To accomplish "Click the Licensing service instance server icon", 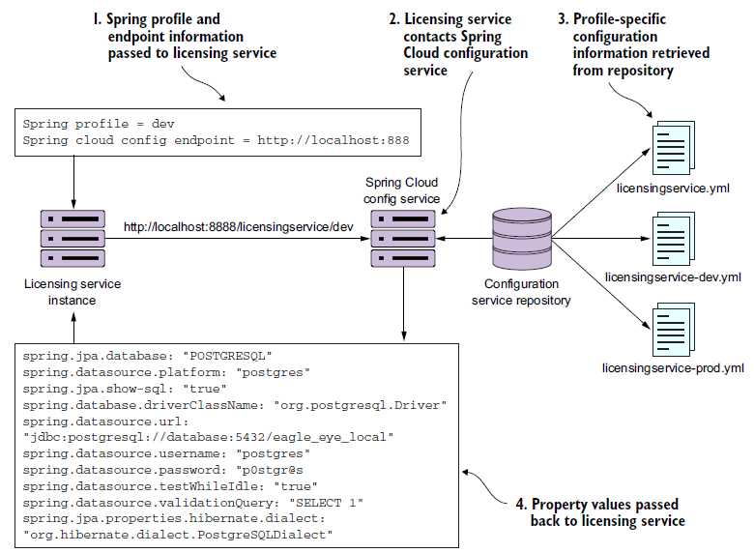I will coord(73,238).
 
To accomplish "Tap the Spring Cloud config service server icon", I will coord(402,238).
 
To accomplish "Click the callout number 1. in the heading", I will coord(97,19).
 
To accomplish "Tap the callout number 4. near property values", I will coord(521,505).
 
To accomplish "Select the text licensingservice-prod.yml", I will coord(673,368).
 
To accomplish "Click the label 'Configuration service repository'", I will coord(521,292).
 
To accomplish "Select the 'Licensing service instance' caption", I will coord(73,291).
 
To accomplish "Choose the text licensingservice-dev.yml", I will coord(673,277).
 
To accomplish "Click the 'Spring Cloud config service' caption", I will coord(401,190).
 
